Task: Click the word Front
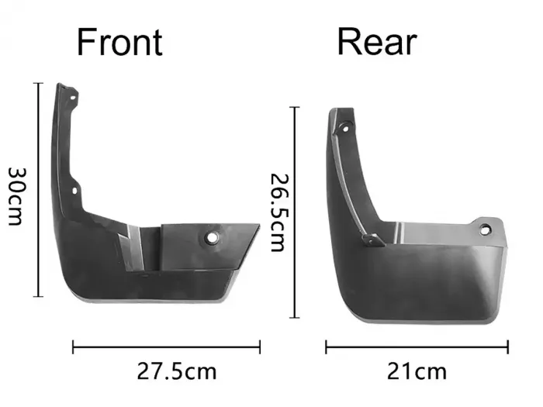point(119,42)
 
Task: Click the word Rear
point(377,42)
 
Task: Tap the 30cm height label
point(16,197)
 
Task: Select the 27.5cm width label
point(177,371)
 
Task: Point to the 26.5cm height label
point(278,212)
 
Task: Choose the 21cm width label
point(417,371)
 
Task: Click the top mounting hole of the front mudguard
point(73,98)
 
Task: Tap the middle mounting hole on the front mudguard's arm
point(74,191)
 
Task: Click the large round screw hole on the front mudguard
point(211,237)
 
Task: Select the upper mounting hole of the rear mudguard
point(345,129)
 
